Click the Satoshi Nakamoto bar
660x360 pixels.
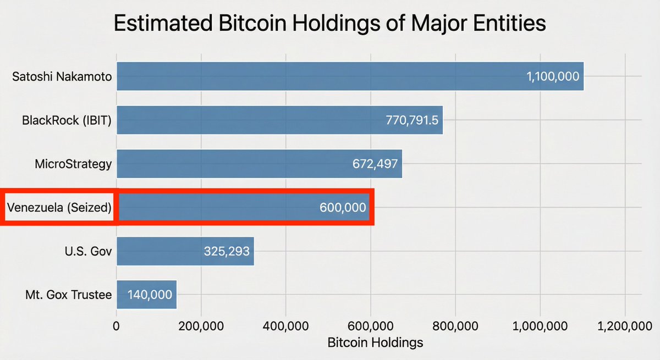pyautogui.click(x=330, y=76)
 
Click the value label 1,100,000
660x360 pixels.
pyautogui.click(x=553, y=76)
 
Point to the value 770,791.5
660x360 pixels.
pyautogui.click(x=412, y=120)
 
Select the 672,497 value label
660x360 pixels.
pyautogui.click(x=375, y=164)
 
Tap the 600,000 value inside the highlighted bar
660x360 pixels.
pyautogui.click(x=342, y=208)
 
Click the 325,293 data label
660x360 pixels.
pyautogui.click(x=227, y=252)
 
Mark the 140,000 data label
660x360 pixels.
pyautogui.click(x=150, y=295)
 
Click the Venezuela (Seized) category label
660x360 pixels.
pyautogui.click(x=59, y=208)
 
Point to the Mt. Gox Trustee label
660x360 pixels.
pyautogui.click(x=68, y=295)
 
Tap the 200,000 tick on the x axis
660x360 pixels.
pyautogui.click(x=201, y=326)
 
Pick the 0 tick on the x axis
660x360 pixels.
pyautogui.click(x=116, y=326)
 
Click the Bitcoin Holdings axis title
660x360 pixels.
pyautogui.click(x=375, y=342)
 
